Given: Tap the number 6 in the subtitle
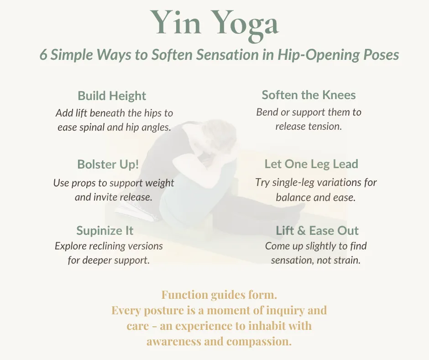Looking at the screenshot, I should [44, 55].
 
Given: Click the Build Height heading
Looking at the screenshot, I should [112, 96].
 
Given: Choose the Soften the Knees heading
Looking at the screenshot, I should [309, 95].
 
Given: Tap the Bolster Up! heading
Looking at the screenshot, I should [108, 164].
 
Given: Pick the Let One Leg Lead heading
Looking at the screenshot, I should [311, 164].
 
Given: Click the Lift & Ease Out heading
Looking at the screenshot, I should [317, 230].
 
